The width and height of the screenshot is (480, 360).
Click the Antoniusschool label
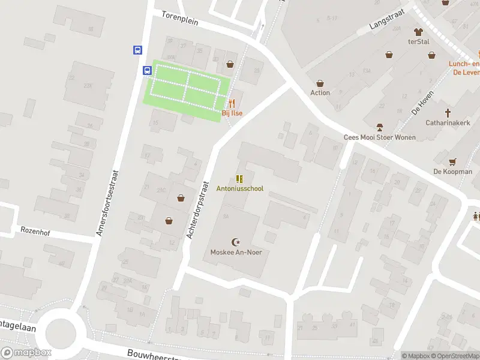click(239, 188)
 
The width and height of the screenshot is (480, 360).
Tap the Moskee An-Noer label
click(236, 252)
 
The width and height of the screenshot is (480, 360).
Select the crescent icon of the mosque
click(236, 242)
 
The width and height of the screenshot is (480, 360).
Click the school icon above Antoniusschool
click(239, 179)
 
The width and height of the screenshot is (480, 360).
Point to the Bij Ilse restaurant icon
click(232, 103)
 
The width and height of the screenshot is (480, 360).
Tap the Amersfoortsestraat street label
click(109, 202)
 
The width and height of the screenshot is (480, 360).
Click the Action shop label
click(320, 93)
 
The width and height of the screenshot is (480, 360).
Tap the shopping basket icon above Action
click(320, 83)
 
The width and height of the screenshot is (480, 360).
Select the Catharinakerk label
click(447, 122)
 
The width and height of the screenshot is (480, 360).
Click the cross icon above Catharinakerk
click(448, 113)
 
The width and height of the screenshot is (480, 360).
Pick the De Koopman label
click(452, 172)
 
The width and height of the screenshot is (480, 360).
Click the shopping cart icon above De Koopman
click(452, 161)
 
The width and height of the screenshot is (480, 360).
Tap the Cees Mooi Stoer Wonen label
click(379, 137)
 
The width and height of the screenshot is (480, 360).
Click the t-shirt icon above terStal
click(418, 31)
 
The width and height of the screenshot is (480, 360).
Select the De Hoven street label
click(422, 107)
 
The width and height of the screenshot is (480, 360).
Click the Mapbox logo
click(26, 352)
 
